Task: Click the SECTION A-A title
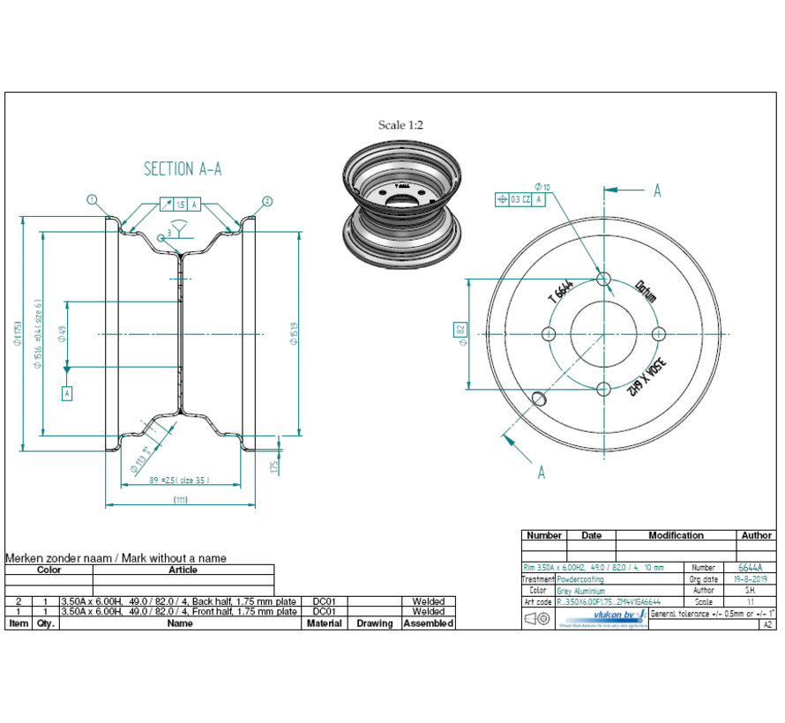(x=182, y=168)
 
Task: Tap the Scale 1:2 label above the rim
(x=400, y=125)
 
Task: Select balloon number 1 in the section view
(x=91, y=199)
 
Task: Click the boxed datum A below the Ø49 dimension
(x=66, y=393)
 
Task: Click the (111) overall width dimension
(x=181, y=500)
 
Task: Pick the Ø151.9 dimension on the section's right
(x=294, y=333)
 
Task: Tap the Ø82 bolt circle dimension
(x=460, y=332)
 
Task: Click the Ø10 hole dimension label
(x=542, y=187)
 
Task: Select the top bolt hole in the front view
(x=604, y=279)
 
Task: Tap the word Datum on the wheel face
(x=646, y=291)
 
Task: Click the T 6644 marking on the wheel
(x=561, y=290)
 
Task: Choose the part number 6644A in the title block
(x=751, y=568)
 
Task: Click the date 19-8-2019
(x=751, y=579)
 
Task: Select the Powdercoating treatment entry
(x=579, y=579)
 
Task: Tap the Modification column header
(x=676, y=535)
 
